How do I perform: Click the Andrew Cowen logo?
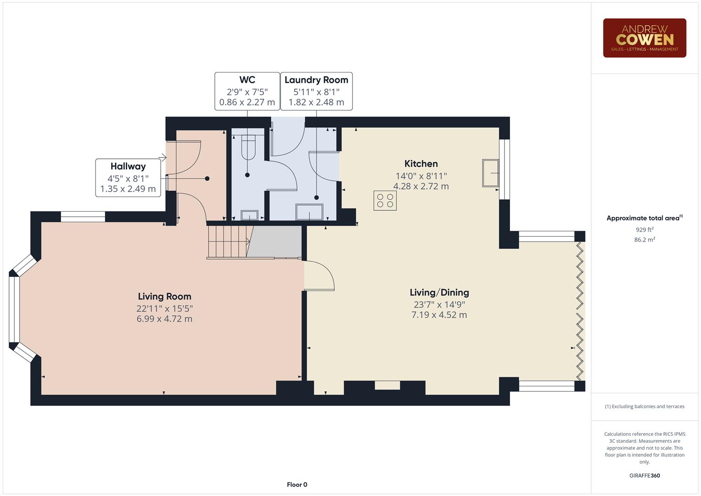click(644, 38)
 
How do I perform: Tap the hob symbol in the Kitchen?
click(385, 201)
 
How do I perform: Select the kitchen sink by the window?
click(490, 173)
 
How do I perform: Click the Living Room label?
click(164, 297)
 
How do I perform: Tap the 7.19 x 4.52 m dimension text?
click(439, 315)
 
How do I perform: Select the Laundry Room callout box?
click(316, 91)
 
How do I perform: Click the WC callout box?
click(247, 91)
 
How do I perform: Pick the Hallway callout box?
click(128, 178)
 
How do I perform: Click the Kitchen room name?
click(421, 164)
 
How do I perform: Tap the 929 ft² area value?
click(644, 230)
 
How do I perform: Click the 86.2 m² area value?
click(644, 240)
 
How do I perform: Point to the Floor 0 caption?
click(297, 485)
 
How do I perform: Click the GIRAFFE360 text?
click(644, 475)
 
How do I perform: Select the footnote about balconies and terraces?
click(644, 406)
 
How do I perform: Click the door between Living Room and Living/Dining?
click(319, 276)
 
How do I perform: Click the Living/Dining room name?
click(439, 293)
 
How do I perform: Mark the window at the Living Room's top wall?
click(83, 217)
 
